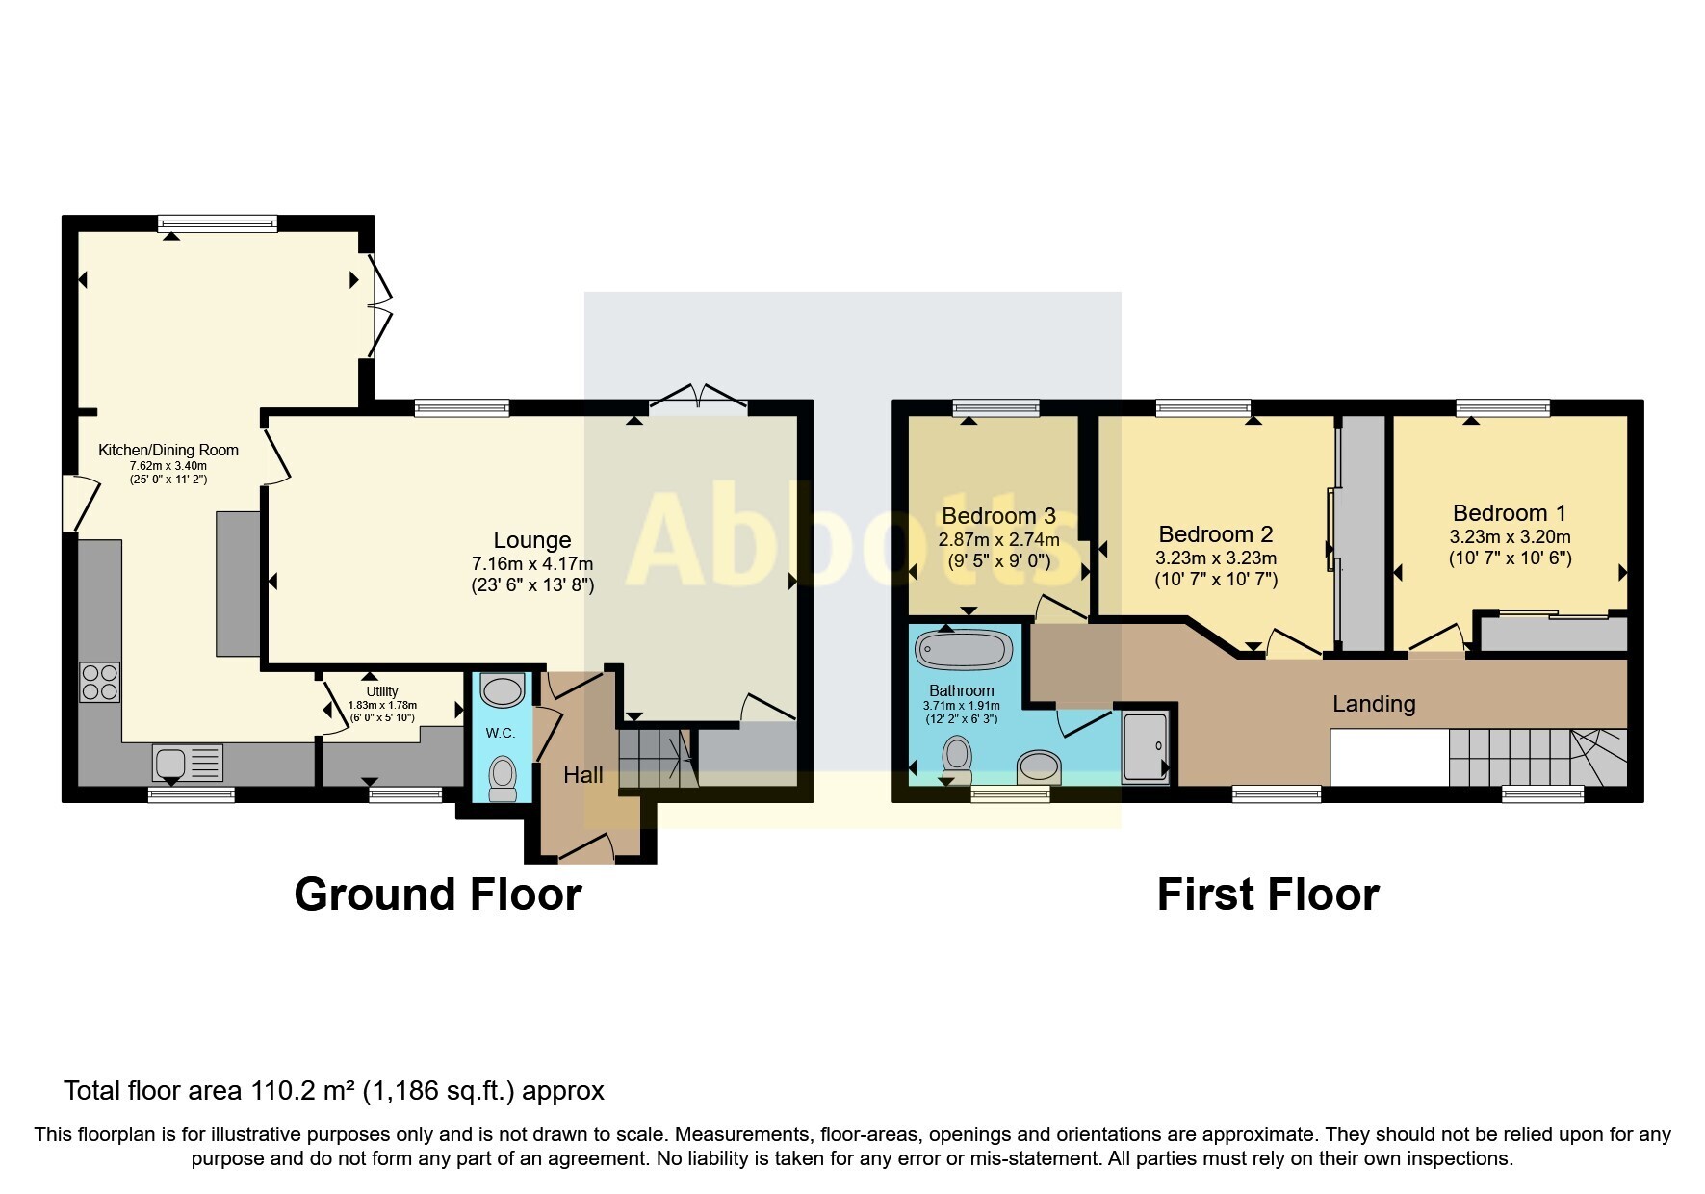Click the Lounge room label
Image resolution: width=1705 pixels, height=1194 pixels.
coord(531,541)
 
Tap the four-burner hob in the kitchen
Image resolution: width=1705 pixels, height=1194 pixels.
coord(100,682)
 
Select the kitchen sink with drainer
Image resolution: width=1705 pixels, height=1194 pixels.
coord(187,763)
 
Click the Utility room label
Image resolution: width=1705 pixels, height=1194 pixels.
coord(381,691)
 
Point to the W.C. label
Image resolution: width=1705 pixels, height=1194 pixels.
coord(500,733)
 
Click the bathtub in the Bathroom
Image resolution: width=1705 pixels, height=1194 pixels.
coord(963,650)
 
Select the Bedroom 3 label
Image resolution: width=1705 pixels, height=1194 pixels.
coord(998,517)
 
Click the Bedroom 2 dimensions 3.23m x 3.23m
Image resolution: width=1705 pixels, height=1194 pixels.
coord(1216,558)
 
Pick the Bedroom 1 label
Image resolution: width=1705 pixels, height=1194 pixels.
coord(1509,513)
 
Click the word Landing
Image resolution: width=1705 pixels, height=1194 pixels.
coord(1373,704)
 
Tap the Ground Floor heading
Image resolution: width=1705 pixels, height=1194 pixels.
coord(437,895)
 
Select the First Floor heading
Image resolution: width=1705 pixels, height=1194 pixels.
coord(1267,895)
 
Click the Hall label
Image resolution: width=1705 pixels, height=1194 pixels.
coord(582,775)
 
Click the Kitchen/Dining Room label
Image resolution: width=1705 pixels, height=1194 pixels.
coord(168,450)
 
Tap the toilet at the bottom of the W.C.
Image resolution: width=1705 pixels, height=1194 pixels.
coord(503,778)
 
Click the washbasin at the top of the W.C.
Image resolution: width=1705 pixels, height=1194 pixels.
coord(502,689)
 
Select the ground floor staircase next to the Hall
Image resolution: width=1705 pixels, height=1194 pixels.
coord(655,759)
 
